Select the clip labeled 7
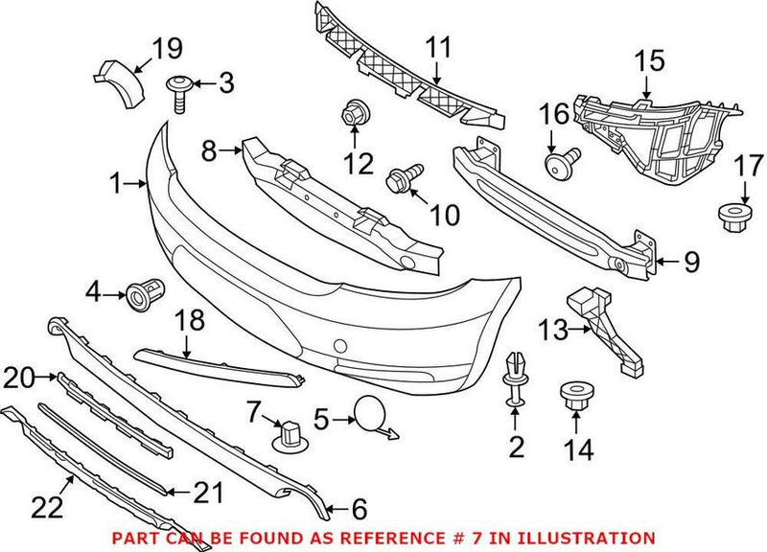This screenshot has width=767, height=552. coord(289,437)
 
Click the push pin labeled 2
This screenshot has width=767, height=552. coord(515,373)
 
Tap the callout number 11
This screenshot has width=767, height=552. coord(438,45)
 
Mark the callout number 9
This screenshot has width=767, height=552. coord(692,260)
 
